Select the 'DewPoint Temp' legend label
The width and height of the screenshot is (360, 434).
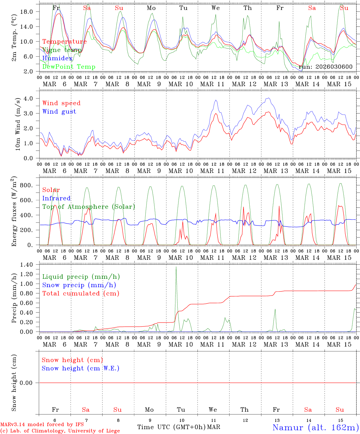point(69,67)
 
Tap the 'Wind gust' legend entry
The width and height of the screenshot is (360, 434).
point(59,112)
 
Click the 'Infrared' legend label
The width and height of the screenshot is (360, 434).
point(56,198)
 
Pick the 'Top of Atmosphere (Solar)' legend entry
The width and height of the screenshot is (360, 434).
point(89,207)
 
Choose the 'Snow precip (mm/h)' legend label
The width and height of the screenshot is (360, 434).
point(79,285)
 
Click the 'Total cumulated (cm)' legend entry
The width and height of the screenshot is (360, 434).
point(81,294)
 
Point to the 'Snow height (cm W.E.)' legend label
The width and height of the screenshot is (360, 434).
point(81,368)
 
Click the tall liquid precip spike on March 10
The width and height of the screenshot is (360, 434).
point(176,267)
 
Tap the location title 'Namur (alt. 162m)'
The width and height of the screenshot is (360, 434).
point(315,427)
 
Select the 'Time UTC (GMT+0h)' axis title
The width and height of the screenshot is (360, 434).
point(171,427)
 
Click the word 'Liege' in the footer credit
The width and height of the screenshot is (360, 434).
point(112,431)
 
